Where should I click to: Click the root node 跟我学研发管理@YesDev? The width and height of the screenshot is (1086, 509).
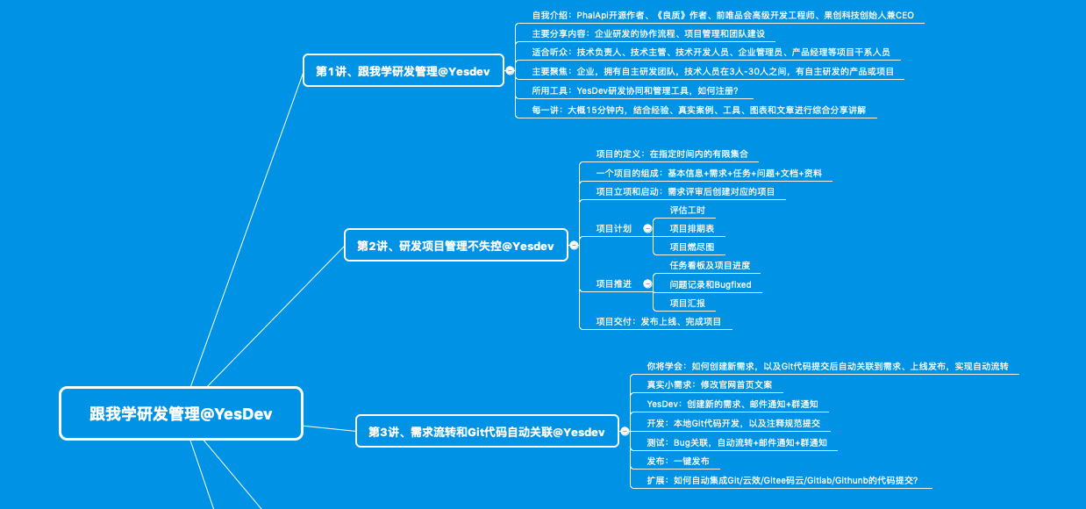[181, 413]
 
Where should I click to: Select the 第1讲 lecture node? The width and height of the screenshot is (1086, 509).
[403, 71]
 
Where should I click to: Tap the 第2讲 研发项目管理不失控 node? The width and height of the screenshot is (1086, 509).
[455, 246]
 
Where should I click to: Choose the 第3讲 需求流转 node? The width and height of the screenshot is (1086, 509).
[487, 432]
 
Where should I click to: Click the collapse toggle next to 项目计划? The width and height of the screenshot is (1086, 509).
[647, 228]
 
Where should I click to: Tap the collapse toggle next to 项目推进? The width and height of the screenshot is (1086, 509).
[647, 283]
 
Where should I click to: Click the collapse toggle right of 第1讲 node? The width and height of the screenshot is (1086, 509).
[510, 71]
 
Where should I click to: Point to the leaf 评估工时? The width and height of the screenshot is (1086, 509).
[687, 210]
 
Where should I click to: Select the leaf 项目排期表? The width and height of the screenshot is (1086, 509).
[691, 228]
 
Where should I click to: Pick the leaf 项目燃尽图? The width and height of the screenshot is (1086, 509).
[691, 247]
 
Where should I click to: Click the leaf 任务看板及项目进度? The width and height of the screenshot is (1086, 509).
[709, 265]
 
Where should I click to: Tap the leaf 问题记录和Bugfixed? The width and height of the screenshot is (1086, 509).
[710, 284]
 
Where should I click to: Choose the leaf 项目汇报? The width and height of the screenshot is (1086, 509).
[687, 303]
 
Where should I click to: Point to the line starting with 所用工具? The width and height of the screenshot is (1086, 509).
[635, 90]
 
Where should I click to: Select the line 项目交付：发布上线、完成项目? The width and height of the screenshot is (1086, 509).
[658, 321]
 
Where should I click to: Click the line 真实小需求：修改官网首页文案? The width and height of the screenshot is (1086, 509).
[709, 384]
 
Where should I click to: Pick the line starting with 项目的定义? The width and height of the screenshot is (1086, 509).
[671, 154]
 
